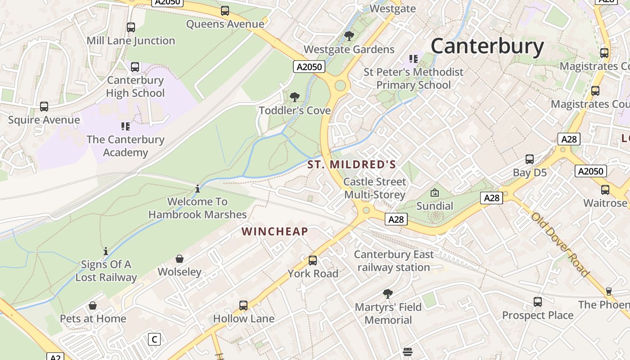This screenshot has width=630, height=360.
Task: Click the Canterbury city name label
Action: (x=487, y=46)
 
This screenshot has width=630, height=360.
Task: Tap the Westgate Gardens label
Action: (x=349, y=49)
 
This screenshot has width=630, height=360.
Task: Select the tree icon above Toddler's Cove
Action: (x=295, y=97)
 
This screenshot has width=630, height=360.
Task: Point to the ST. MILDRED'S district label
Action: (x=351, y=165)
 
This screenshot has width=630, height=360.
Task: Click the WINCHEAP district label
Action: (x=274, y=232)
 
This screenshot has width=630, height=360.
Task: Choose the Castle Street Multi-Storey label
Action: (x=374, y=188)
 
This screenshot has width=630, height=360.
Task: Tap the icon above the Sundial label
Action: (x=435, y=193)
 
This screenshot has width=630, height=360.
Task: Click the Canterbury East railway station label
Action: (x=394, y=261)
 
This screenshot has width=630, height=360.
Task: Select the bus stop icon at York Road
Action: (x=313, y=260)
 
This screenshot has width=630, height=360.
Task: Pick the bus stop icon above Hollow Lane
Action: (x=243, y=306)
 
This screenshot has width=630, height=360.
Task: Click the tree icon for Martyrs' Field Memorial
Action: (x=387, y=294)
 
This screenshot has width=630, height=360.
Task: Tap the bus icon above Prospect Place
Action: (x=538, y=302)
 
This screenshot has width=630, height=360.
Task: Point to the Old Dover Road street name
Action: (x=560, y=244)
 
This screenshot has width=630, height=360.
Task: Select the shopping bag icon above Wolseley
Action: (x=180, y=259)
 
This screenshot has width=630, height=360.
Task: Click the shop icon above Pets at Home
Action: (x=93, y=306)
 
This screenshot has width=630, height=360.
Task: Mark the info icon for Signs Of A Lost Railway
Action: (x=106, y=251)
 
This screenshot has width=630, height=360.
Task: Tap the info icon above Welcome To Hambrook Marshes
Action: (x=198, y=189)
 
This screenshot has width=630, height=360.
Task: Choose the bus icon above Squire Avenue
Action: (x=44, y=107)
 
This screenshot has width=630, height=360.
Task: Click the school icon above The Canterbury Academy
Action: (x=125, y=126)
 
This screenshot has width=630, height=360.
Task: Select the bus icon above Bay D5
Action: (x=530, y=159)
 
